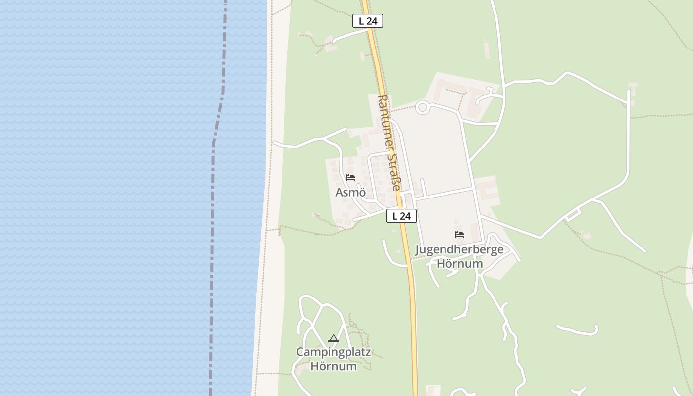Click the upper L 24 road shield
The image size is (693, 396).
pos(368,21)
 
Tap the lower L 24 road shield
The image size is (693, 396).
pos(401,216)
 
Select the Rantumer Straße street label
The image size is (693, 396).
pos(389,143)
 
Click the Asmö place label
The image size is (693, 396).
pos(350,192)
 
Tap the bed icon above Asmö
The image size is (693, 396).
pos(350,177)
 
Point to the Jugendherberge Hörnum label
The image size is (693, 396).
pos(459,256)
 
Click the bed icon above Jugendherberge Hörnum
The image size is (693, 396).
pos(459,235)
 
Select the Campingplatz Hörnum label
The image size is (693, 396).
pos(333,359)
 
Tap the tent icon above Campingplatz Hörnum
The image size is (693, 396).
pos(334,339)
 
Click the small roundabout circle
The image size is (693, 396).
pos(422,107)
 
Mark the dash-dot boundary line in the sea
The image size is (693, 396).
pos(213,198)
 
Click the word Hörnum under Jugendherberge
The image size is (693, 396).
pos(459,263)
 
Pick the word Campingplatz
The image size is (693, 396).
pos(333,352)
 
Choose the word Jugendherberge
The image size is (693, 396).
pos(459,249)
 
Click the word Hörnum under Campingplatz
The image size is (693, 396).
pos(333,366)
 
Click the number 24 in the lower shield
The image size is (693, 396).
pos(405,216)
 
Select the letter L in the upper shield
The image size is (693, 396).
pos(361,21)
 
